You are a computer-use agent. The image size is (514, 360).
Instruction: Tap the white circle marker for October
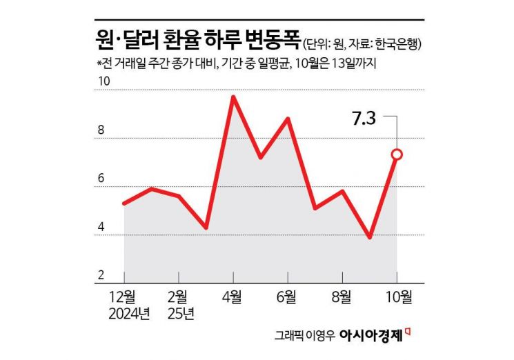[x=397, y=154]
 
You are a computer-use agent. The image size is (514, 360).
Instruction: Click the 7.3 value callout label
[x=364, y=118]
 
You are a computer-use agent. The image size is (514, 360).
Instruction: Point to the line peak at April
[x=233, y=97]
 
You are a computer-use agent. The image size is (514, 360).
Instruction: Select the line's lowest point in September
[x=370, y=237]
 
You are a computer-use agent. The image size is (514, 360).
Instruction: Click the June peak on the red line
[x=288, y=119]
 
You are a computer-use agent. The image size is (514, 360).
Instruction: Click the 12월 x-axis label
[x=123, y=298]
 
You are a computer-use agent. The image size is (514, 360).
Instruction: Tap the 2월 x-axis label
[x=178, y=298]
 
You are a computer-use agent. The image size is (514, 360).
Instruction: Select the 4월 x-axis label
[x=233, y=298]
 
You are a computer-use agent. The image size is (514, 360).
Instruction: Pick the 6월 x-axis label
[x=288, y=298]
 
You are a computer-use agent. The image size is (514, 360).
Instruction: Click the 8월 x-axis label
[x=342, y=298]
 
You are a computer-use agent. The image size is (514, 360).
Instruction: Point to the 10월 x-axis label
[x=397, y=298]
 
